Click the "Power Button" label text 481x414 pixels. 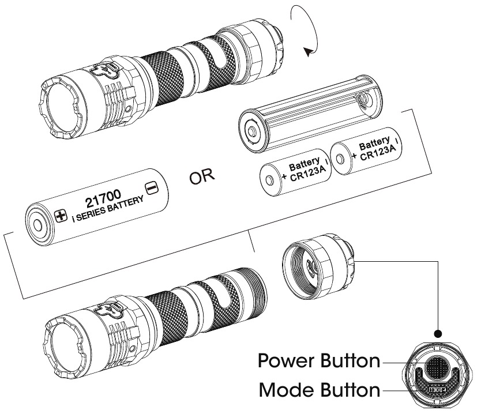point(319,360)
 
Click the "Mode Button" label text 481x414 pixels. point(320,390)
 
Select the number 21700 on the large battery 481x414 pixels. point(103,198)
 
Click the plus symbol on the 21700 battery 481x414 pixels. point(61,216)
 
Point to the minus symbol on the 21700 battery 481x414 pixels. point(152,187)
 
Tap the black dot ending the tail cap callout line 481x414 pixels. point(438,334)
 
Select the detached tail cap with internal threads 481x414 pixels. point(318,266)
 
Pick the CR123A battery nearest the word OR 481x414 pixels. point(295,172)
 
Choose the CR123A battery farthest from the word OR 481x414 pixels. point(366,151)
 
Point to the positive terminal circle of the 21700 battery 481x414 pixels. point(37,225)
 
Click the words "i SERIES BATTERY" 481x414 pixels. point(108,209)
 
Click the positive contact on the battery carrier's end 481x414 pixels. point(252,132)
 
